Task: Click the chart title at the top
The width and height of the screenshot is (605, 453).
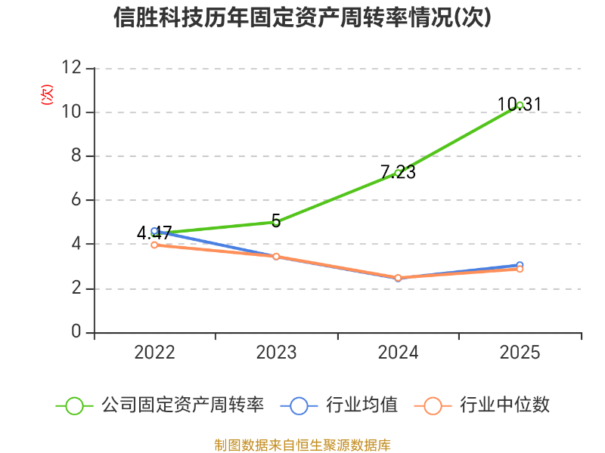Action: point(302,17)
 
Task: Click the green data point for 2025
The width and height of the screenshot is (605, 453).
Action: point(520,105)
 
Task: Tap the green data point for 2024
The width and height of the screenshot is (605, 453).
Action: point(398,173)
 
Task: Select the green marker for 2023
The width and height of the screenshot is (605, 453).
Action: point(276,222)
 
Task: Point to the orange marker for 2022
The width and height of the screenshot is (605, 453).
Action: point(154,245)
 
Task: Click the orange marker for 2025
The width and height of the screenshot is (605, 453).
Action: point(520,269)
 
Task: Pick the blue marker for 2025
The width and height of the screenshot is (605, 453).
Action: point(520,265)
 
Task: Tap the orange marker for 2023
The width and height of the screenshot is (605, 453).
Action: point(276,257)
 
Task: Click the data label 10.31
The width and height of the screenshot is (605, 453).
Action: point(520,104)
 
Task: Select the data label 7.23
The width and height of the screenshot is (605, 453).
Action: point(399,172)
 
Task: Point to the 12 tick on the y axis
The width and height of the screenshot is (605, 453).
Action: point(72,67)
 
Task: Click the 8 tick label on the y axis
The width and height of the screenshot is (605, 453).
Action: point(76,156)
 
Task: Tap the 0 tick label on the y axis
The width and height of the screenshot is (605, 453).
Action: point(76,331)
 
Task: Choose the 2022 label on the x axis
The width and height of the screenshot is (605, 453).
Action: point(154,353)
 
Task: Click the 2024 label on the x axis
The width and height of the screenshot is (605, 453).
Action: point(398,353)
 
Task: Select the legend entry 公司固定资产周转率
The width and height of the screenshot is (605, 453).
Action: point(160,405)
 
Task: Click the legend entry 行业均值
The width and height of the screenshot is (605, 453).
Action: point(339,405)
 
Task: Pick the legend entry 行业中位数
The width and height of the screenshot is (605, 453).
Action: point(482,405)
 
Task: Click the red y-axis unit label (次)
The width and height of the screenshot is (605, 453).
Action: point(47,95)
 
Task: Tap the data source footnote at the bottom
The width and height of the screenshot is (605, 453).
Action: point(302,445)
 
